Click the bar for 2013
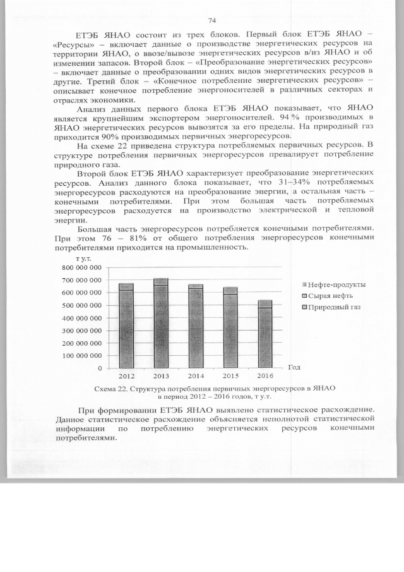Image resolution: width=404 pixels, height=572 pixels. [x=161, y=323]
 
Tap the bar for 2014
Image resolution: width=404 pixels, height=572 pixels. [x=196, y=326]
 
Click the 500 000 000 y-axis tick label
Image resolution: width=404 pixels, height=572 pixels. [x=81, y=305]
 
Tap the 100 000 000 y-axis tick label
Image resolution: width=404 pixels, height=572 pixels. [x=81, y=355]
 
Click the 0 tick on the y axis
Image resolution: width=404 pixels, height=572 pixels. [x=99, y=368]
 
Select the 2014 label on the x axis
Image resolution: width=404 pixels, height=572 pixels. [x=196, y=376]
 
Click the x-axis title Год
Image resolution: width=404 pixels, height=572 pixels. [x=294, y=367]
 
